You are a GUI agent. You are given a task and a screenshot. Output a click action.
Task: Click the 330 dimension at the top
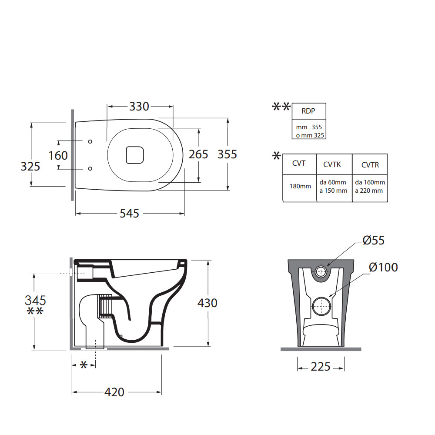(x=139, y=106)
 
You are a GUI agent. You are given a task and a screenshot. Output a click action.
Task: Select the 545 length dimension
(x=130, y=213)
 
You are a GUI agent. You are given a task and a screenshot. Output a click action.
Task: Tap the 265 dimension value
(x=198, y=154)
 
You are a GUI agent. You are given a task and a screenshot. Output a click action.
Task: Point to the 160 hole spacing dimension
(x=58, y=155)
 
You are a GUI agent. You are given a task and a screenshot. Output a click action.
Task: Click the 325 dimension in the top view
(x=30, y=166)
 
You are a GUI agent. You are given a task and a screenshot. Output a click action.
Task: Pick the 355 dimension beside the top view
(x=227, y=154)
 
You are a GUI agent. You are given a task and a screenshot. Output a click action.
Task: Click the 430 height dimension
(x=207, y=303)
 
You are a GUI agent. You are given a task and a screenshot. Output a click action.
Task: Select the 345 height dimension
(x=35, y=300)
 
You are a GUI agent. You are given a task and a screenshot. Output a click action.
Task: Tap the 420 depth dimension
(x=114, y=392)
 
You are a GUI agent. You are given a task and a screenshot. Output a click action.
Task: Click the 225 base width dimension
(x=321, y=367)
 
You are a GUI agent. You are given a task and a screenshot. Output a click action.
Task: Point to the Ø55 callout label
(x=373, y=240)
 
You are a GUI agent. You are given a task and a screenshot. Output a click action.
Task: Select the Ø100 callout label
(x=383, y=267)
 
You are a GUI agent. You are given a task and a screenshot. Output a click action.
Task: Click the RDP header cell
(x=308, y=111)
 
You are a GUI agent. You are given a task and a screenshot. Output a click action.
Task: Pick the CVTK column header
(x=334, y=164)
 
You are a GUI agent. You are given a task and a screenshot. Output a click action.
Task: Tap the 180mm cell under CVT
(x=300, y=186)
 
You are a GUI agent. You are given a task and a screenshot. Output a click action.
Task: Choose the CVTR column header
(x=370, y=164)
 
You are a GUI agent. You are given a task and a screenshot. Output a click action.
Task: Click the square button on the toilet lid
(x=135, y=154)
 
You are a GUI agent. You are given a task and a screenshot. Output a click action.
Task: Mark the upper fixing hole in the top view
(x=90, y=141)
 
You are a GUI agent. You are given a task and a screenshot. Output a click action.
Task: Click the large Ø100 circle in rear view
(x=321, y=306)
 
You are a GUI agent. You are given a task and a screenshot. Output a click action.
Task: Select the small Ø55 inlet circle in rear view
(x=321, y=272)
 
